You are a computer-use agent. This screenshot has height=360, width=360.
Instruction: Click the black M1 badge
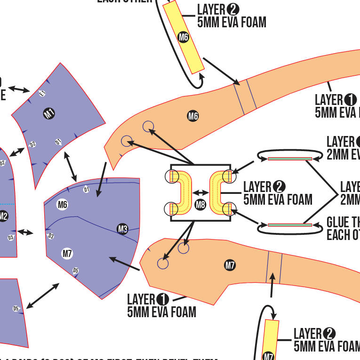coord(49,113)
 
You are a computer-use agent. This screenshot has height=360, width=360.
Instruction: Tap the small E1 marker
coord(42,93)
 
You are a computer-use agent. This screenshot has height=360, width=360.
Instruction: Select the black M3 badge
coord(122,229)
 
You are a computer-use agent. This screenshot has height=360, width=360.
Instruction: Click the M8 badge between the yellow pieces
coord(200,204)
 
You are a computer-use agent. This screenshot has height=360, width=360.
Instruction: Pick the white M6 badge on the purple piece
coord(63,204)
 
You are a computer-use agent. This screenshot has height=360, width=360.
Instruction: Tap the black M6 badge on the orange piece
coord(193,116)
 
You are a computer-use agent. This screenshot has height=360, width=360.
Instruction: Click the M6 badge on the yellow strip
coord(184,37)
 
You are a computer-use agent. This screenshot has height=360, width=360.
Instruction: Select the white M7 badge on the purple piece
coord(67,254)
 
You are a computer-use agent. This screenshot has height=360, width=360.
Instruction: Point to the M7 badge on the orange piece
coord(230,265)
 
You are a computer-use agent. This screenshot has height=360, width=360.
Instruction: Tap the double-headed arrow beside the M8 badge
coord(200,192)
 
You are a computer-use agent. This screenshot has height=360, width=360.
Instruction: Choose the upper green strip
coord(290,159)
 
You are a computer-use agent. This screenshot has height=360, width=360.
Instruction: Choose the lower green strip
coord(290,225)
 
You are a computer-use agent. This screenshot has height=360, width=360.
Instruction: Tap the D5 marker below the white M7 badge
coord(75,270)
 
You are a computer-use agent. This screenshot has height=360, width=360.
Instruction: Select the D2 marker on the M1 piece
coord(33,144)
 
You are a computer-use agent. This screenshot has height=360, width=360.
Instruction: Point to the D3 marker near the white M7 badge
coord(51,236)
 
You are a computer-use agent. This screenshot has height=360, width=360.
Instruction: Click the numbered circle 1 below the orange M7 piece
coord(162,299)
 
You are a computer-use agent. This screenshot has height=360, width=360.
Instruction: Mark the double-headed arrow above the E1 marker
coord(19,89)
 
